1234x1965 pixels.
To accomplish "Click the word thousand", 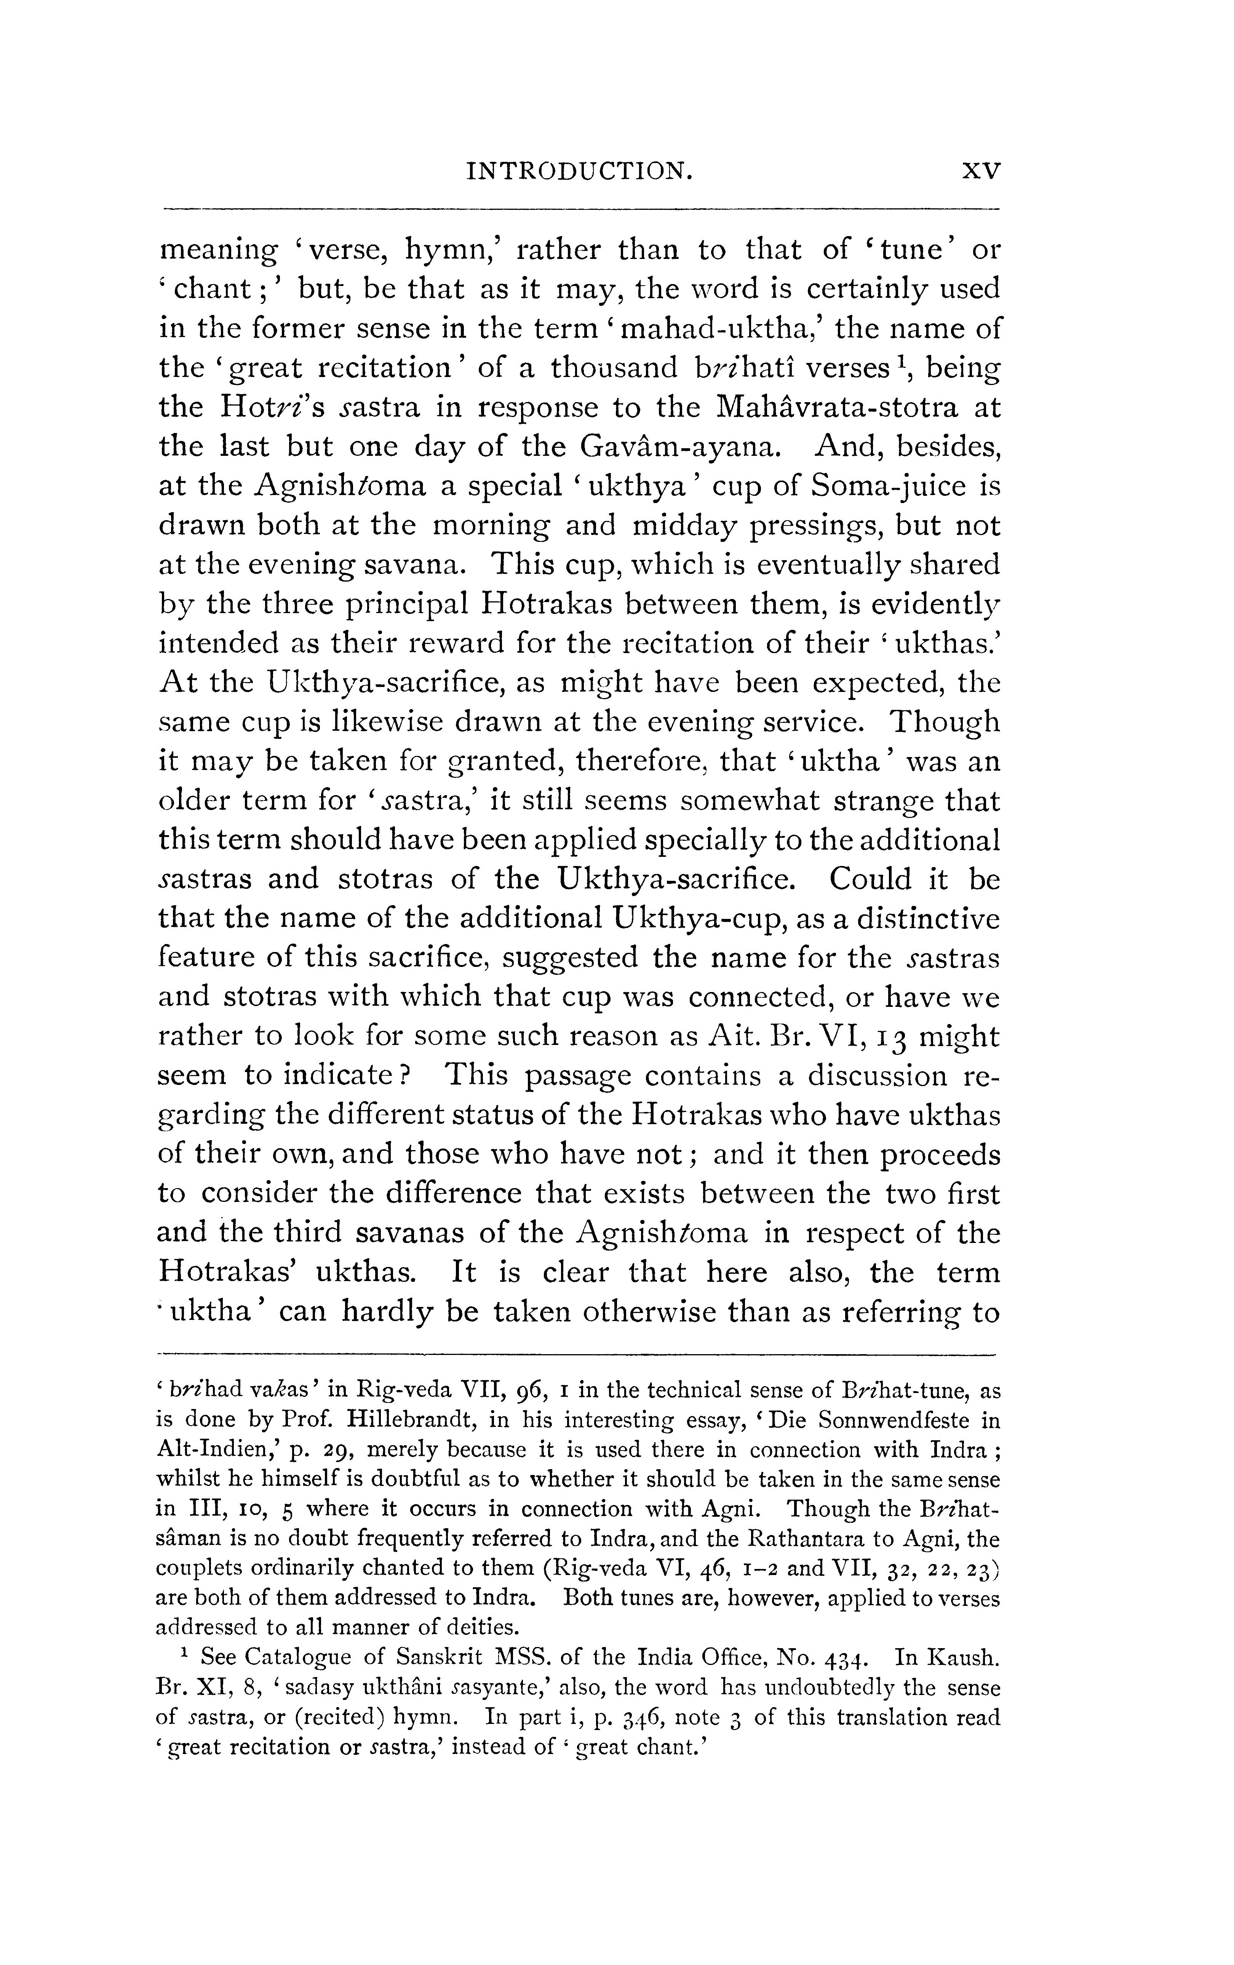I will [x=614, y=368].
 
